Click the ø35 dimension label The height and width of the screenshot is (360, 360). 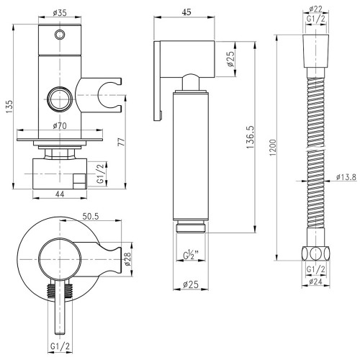pyautogui.click(x=60, y=12)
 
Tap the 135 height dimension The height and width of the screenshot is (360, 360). pyautogui.click(x=9, y=107)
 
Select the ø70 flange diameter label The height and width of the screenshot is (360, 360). pyautogui.click(x=60, y=125)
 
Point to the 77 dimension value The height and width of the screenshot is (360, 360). pyautogui.click(x=122, y=142)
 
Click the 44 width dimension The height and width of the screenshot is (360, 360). pyautogui.click(x=60, y=194)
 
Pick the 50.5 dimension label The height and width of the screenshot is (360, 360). pyautogui.click(x=91, y=216)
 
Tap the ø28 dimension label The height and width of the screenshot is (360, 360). pyautogui.click(x=127, y=259)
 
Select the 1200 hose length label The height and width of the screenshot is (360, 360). pyautogui.click(x=273, y=148)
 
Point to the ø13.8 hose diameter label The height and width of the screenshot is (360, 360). pyautogui.click(x=346, y=177)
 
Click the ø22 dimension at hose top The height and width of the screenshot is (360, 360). pyautogui.click(x=315, y=9)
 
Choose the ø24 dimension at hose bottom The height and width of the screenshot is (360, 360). pyautogui.click(x=315, y=282)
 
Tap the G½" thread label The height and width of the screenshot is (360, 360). pyautogui.click(x=191, y=256)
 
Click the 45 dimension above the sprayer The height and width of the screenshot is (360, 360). pyautogui.click(x=186, y=12)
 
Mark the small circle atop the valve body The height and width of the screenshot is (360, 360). pyautogui.click(x=60, y=35)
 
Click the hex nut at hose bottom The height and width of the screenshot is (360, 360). pyautogui.click(x=315, y=253)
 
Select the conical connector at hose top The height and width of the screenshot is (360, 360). pyautogui.click(x=315, y=51)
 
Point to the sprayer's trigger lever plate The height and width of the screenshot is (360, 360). pyautogui.click(x=158, y=81)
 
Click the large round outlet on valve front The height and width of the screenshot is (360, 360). pyautogui.click(x=60, y=99)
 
